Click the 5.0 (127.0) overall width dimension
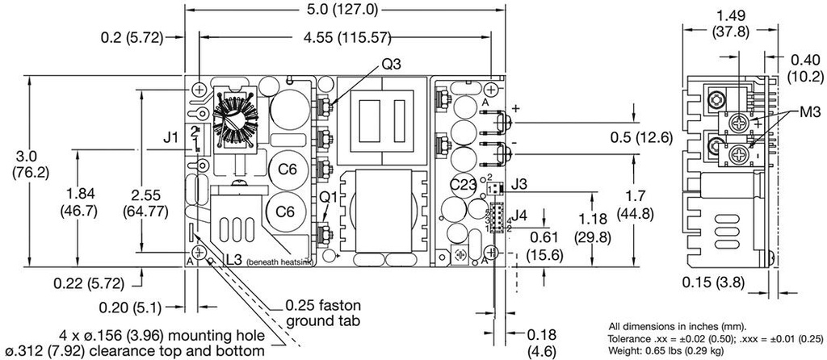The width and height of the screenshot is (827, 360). tap(343, 10)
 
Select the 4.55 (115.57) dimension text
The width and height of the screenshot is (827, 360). tap(343, 37)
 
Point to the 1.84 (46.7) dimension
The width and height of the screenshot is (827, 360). tap(78, 203)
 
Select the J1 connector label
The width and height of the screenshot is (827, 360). tap(171, 139)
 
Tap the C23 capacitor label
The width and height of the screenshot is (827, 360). tap(463, 185)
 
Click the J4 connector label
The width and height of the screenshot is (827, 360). tap(521, 216)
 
